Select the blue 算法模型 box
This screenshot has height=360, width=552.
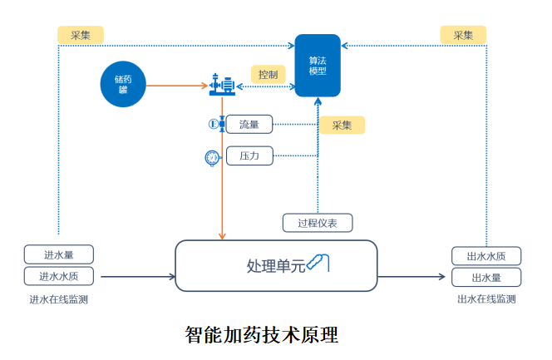tap(318, 66)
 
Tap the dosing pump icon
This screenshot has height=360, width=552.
tap(222, 84)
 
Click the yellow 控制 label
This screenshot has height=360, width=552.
tap(269, 75)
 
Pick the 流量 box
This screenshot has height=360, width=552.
tap(249, 125)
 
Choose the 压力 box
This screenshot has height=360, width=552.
tap(249, 155)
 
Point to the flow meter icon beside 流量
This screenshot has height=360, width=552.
tap(214, 125)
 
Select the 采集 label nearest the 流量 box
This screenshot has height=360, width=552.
tap(342, 126)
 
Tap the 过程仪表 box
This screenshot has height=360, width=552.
tap(318, 223)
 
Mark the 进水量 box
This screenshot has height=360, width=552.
tap(59, 254)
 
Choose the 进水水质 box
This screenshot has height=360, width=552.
tap(59, 277)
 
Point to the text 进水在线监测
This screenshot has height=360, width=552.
tap(59, 299)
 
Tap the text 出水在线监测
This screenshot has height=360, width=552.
tap(486, 299)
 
